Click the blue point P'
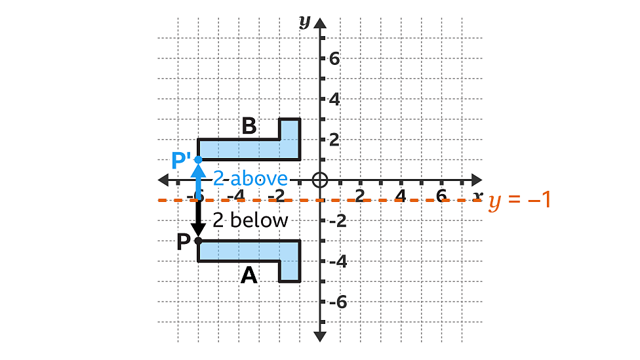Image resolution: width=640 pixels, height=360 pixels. tap(199, 159)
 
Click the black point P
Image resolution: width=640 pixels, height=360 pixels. tap(199, 241)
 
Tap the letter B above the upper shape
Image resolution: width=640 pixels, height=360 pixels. tap(249, 126)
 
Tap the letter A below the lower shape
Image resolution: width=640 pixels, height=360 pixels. tap(249, 275)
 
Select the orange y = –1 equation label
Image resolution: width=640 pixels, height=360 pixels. tap(519, 201)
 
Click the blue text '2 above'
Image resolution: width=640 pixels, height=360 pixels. tap(250, 179)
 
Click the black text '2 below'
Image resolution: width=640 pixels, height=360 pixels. tap(250, 220)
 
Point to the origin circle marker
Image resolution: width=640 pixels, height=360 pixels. tap(320, 180)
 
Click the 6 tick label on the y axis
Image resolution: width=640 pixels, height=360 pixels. tap(334, 59)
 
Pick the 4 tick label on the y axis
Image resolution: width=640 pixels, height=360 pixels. tap(334, 99)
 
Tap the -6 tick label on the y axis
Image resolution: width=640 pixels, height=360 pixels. tap(338, 302)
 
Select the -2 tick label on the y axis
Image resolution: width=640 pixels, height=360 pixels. tap(338, 221)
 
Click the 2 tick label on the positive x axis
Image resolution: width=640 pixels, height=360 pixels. tap(359, 196)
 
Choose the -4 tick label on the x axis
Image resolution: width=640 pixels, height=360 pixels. tap(236, 196)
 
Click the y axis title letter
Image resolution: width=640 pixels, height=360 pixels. tap(305, 22)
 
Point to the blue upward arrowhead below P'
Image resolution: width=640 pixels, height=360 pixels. tap(199, 170)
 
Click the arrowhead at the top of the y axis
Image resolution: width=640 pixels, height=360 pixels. tap(321, 23)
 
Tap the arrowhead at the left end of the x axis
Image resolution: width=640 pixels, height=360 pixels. tap(163, 180)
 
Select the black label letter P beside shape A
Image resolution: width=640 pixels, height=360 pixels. tap(184, 241)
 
